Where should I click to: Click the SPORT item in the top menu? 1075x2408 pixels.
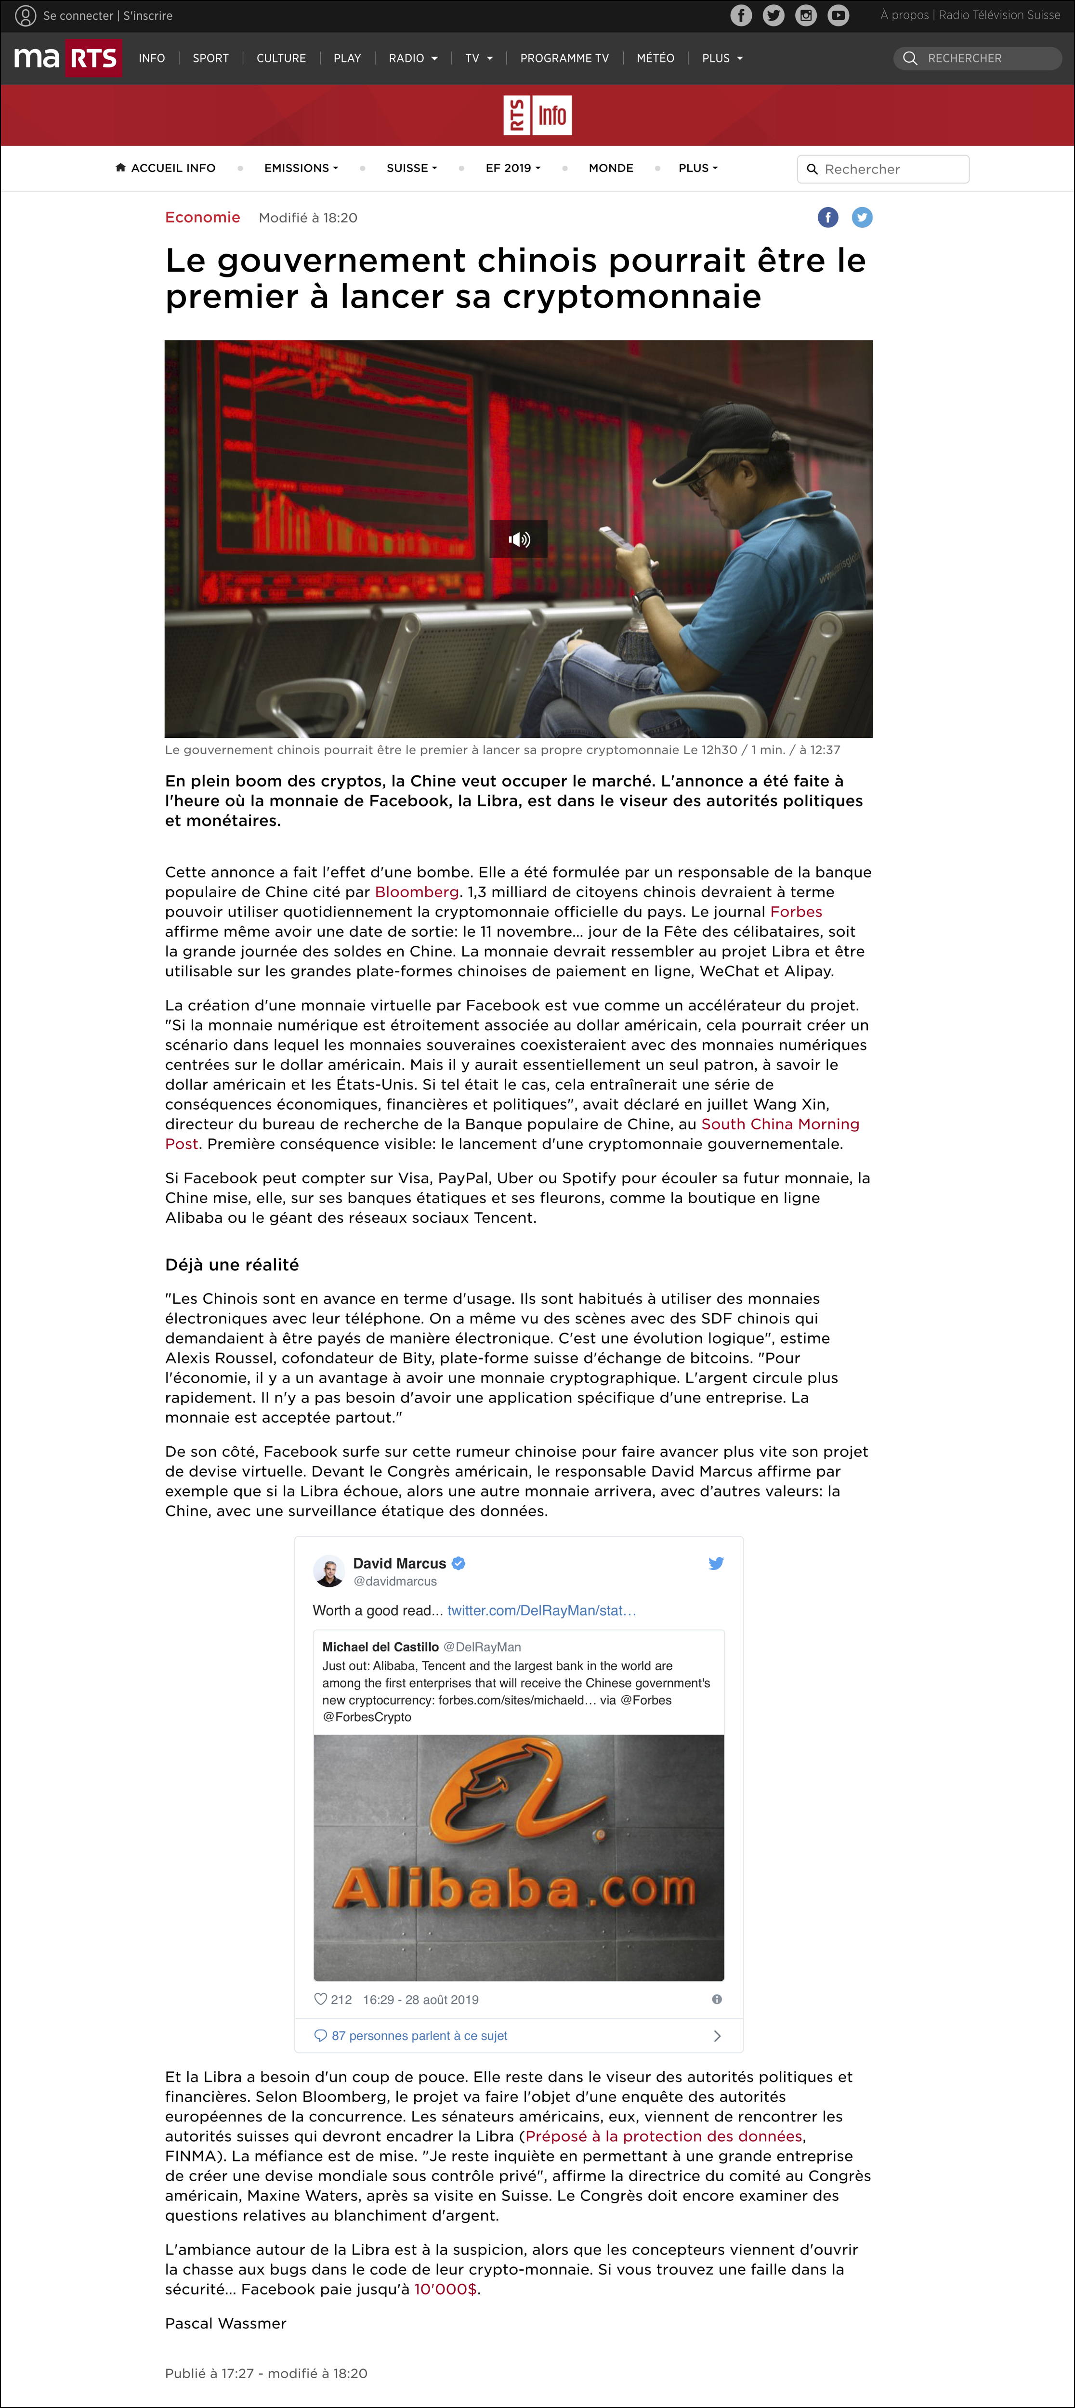coord(210,58)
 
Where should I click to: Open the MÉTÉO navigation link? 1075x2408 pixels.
coord(655,58)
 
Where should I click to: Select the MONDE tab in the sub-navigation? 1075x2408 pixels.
coord(610,168)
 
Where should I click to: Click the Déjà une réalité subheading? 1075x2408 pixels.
coord(232,1265)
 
